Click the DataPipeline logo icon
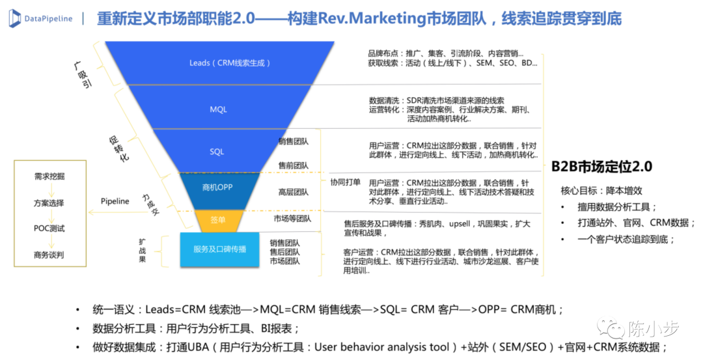[x=15, y=18]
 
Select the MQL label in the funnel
[x=219, y=109]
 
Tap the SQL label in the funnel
[x=217, y=152]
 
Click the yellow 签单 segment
[x=218, y=220]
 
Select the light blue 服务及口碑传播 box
[x=220, y=249]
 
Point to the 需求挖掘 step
[x=49, y=176]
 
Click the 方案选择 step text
[x=49, y=202]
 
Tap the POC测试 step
[x=49, y=228]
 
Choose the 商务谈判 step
[x=49, y=255]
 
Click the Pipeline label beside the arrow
[x=115, y=201]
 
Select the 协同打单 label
[x=345, y=182]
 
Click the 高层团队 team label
[x=294, y=192]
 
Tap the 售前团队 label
[x=294, y=165]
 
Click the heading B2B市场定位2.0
[x=601, y=167]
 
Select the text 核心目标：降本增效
[x=601, y=191]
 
